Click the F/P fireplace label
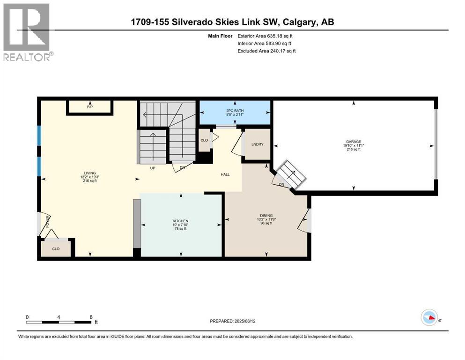pyautogui.click(x=90, y=107)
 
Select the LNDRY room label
pyautogui.click(x=258, y=144)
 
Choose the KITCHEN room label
pyautogui.click(x=180, y=220)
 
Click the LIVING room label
pyautogui.click(x=87, y=173)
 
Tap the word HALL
pyautogui.click(x=225, y=174)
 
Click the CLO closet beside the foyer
pyautogui.click(x=56, y=249)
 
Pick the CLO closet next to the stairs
pyautogui.click(x=204, y=140)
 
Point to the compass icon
pyautogui.click(x=430, y=318)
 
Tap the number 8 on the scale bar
pyautogui.click(x=90, y=317)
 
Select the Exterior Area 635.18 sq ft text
pyautogui.click(x=266, y=36)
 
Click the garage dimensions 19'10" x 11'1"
pyautogui.click(x=354, y=145)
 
